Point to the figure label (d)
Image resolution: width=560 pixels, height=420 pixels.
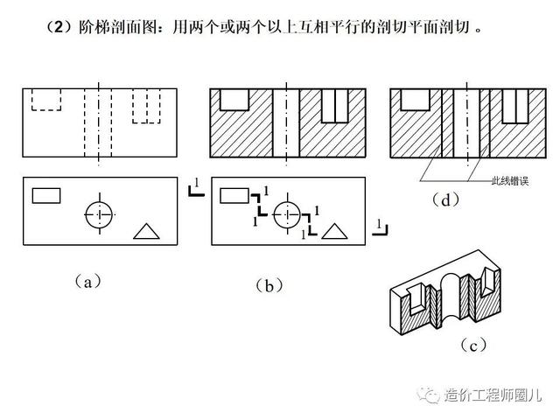[x=446, y=199]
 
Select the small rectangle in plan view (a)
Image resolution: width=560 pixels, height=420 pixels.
[x=46, y=195]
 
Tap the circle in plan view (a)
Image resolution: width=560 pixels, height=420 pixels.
[x=101, y=213]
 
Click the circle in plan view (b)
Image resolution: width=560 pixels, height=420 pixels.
[x=286, y=213]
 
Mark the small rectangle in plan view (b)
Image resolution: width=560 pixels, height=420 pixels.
[x=234, y=195]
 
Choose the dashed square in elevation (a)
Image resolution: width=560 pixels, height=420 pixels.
[x=45, y=99]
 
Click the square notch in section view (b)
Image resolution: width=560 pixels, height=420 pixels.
[x=234, y=99]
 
